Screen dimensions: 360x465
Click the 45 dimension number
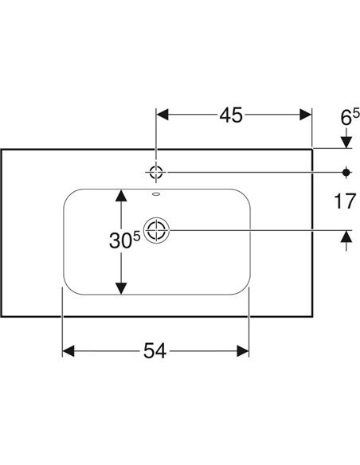231,115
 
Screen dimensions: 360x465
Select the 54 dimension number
155,351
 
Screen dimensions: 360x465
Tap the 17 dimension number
345,201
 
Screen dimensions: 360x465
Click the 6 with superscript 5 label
350,116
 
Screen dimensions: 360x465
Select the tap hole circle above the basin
156,172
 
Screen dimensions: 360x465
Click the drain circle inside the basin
156,230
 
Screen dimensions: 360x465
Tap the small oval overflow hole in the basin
156,194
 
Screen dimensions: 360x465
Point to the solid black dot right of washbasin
346,172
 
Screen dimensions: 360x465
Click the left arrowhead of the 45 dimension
162,115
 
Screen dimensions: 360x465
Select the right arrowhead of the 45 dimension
305,115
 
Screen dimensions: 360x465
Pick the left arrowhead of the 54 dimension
68,351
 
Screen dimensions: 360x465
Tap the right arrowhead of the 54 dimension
243,351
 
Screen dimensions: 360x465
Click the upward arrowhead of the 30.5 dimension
121,196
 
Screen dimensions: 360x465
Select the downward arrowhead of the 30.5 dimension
121,288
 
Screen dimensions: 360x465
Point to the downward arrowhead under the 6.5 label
346,143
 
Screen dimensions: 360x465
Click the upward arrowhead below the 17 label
346,236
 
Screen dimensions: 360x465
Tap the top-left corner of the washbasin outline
1,150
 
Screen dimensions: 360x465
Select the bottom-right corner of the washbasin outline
312,316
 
